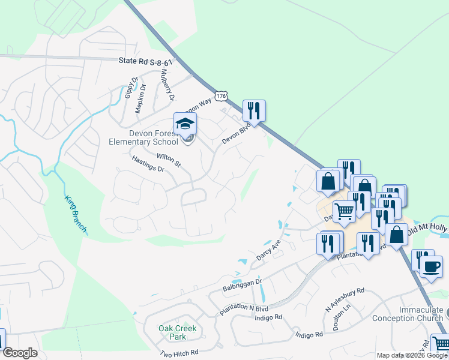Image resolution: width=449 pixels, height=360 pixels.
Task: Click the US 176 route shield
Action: coord(222,96)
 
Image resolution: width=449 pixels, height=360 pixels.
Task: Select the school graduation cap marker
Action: coord(185,124)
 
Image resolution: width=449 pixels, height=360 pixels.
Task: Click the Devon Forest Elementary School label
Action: coord(143,137)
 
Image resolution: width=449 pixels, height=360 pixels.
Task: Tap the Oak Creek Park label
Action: coord(178,332)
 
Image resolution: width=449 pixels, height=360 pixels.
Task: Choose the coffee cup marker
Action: coord(431,266)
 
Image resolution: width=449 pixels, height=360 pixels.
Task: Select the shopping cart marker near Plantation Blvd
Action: coord(344,211)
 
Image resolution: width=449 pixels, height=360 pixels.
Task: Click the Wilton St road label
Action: coord(169,160)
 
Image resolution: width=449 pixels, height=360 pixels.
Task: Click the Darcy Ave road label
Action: coord(268,246)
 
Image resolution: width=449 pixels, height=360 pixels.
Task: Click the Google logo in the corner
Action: coord(20,353)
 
